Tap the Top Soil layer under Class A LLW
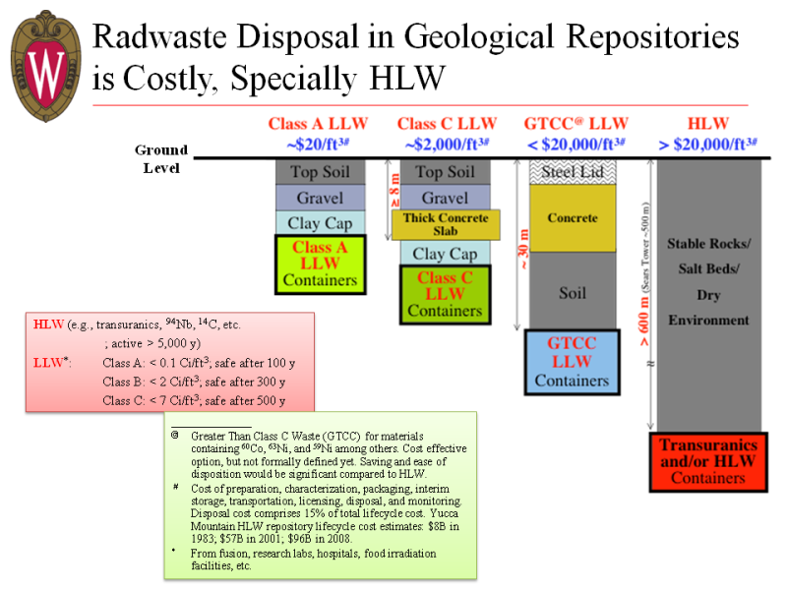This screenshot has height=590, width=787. (320, 172)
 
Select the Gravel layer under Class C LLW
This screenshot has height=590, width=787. (445, 199)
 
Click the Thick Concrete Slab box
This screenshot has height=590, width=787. (446, 224)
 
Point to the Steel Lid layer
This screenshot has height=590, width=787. (573, 172)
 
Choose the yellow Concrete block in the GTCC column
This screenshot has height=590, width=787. (573, 217)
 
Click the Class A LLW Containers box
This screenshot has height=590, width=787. (320, 265)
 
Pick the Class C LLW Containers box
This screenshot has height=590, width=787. (445, 294)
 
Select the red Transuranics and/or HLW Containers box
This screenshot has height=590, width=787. (707, 461)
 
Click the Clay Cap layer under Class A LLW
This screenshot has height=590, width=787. (320, 223)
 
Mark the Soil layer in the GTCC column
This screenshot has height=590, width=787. (573, 292)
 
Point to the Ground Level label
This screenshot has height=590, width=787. (161, 158)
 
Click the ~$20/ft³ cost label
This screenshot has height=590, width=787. (320, 142)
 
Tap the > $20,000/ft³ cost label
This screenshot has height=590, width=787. (707, 142)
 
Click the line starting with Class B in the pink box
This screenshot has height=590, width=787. (198, 382)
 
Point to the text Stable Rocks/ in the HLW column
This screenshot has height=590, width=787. (708, 243)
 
